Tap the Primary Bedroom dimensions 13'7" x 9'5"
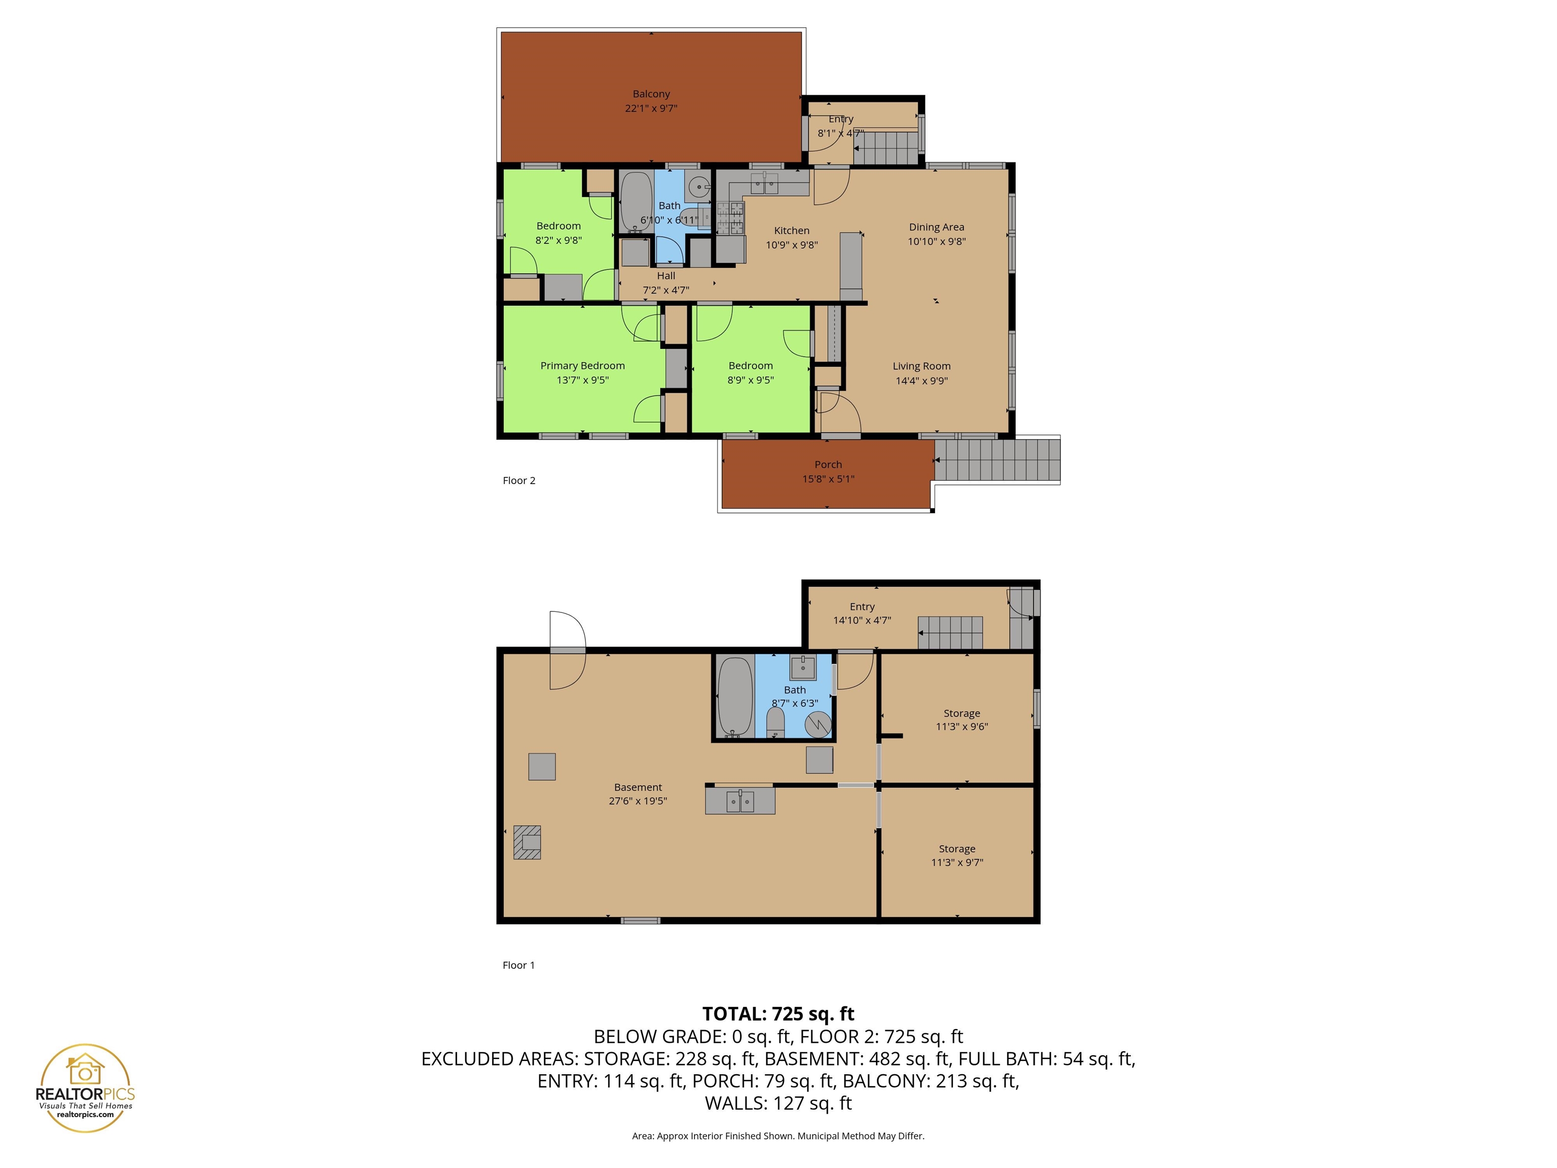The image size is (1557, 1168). pos(582,380)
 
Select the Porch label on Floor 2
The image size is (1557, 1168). pos(828,465)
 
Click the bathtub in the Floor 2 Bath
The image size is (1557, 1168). pos(636,201)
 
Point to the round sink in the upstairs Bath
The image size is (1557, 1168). pos(698,187)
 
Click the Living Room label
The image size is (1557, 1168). pos(921,366)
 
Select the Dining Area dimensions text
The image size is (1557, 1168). pos(936,241)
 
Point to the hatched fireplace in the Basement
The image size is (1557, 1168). pos(527,842)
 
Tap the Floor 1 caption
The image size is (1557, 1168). pos(518,965)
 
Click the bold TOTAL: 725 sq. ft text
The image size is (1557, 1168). pos(778,1014)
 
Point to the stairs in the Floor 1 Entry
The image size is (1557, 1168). pos(950,632)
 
